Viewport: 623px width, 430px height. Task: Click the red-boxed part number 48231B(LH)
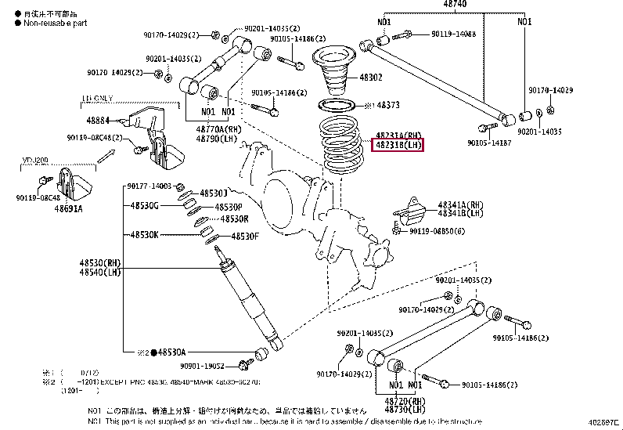click(398, 146)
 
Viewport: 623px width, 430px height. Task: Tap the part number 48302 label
click(370, 78)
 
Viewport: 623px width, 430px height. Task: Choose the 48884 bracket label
click(97, 121)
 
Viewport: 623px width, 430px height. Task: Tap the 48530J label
click(212, 193)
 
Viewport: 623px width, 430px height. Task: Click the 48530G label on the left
click(145, 205)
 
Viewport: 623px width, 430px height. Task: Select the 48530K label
click(145, 234)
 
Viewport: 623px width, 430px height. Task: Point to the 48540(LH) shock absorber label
click(99, 273)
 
